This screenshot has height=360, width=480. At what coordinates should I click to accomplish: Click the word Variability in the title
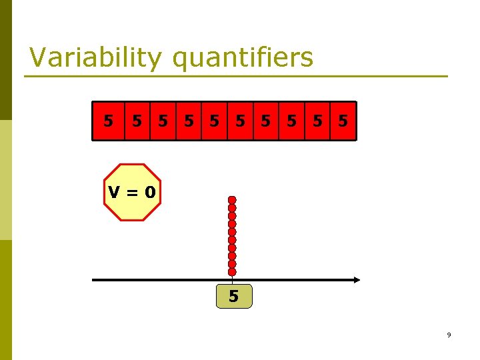95,58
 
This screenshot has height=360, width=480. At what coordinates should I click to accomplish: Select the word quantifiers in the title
243,58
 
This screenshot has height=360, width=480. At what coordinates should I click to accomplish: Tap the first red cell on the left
108,121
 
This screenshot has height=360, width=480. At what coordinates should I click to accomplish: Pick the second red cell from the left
137,121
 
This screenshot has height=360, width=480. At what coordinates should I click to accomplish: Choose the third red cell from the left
163,121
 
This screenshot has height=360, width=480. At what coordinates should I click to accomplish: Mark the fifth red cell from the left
215,121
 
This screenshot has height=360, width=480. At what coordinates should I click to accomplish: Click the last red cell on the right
343,121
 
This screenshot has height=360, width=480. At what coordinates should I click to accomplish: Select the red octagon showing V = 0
132,192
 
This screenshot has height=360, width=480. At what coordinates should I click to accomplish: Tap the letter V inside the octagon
115,193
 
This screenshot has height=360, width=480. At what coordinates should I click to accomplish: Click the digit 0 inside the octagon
150,193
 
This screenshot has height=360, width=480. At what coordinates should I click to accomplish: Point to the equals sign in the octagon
132,193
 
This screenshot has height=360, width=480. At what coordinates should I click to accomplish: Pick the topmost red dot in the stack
232,200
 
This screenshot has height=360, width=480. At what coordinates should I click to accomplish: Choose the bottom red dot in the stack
232,272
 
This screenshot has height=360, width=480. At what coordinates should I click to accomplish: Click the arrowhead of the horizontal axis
357,280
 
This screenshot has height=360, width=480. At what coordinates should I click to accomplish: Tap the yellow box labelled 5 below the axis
234,296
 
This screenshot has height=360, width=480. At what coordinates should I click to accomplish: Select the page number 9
449,335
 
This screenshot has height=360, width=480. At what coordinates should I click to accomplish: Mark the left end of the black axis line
93,280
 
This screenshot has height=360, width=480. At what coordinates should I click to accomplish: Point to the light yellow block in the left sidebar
6,180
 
